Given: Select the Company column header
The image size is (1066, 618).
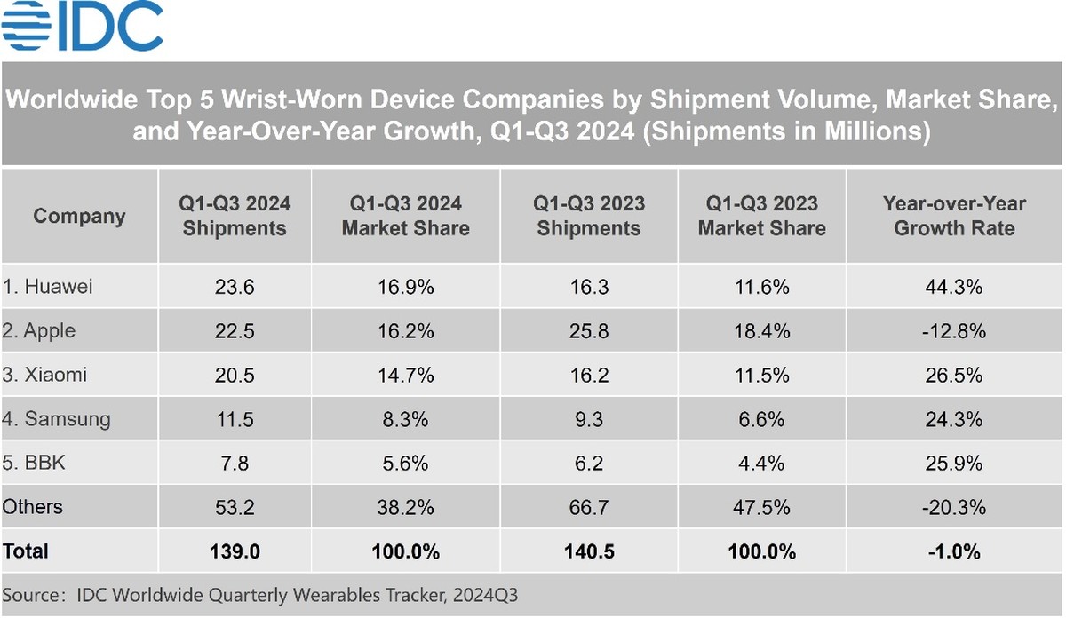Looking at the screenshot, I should [79, 216].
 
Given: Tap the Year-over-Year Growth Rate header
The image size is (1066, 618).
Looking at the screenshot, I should [954, 216].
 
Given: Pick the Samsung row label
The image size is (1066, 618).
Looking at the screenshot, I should [56, 419].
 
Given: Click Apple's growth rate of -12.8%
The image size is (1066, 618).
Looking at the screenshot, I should [954, 331].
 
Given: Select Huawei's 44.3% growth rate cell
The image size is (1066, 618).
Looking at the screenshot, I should [954, 287].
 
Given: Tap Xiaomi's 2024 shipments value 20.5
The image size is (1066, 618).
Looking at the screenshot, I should [234, 375].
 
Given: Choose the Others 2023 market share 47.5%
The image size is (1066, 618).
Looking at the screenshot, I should [761, 507].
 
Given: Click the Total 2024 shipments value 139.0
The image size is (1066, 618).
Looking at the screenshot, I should [234, 551].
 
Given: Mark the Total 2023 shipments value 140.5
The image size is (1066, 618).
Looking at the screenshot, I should [588, 551].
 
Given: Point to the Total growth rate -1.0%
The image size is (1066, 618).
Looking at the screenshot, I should [954, 551].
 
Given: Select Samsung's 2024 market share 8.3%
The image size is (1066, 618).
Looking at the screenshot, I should [405, 419].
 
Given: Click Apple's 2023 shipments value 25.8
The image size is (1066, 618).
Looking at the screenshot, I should [588, 331].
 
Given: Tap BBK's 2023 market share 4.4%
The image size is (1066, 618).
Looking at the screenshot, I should [761, 463].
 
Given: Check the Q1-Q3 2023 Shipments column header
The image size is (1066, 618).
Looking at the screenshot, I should [588, 216].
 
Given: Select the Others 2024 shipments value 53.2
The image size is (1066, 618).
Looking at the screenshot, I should [234, 507].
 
